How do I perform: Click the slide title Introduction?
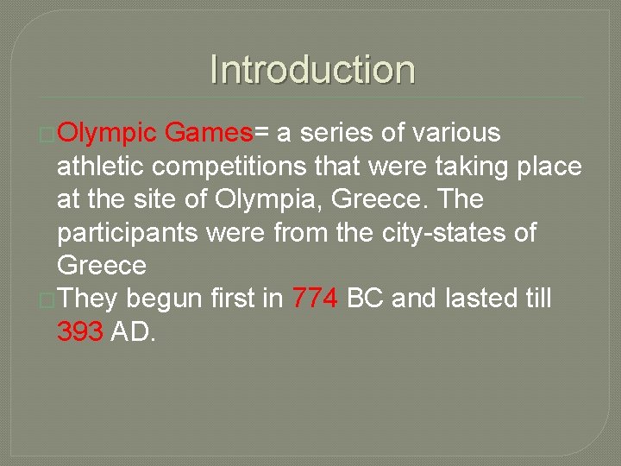(x=312, y=70)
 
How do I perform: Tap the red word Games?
(x=207, y=133)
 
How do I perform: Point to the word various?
(x=457, y=133)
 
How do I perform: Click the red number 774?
(x=316, y=299)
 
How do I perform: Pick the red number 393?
(x=80, y=331)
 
